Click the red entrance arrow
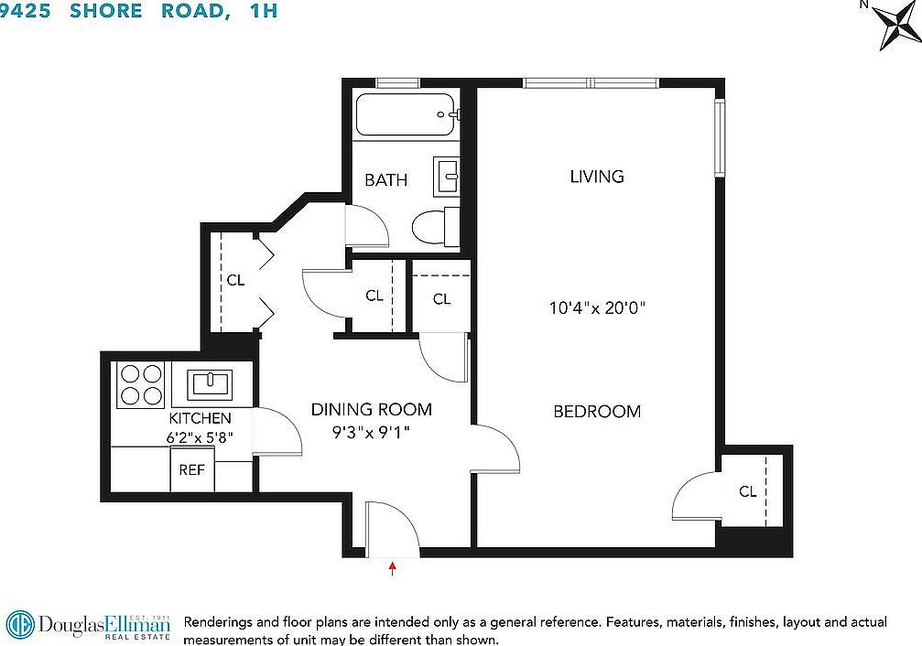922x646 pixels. (393, 568)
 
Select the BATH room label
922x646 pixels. (385, 180)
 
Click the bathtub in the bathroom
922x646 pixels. (404, 115)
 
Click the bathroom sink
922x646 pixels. (446, 176)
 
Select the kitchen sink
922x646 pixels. (212, 383)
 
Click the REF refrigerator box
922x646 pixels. (191, 470)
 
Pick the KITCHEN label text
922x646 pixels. (193, 418)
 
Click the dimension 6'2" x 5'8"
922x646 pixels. (200, 437)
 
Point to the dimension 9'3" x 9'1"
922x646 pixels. (371, 431)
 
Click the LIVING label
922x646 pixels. (596, 177)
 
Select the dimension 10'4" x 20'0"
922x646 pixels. (597, 308)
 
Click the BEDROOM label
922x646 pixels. (597, 412)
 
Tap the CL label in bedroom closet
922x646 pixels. (748, 492)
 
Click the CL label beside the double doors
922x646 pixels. (235, 281)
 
